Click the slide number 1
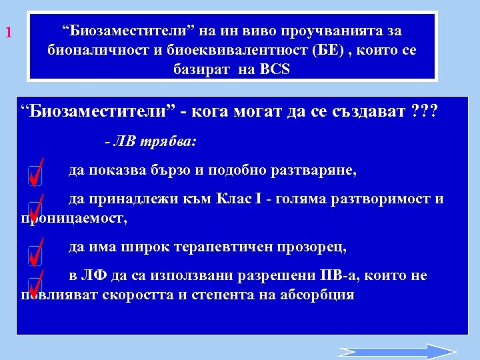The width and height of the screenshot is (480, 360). click(9, 32)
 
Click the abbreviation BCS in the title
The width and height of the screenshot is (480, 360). click(275, 69)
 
